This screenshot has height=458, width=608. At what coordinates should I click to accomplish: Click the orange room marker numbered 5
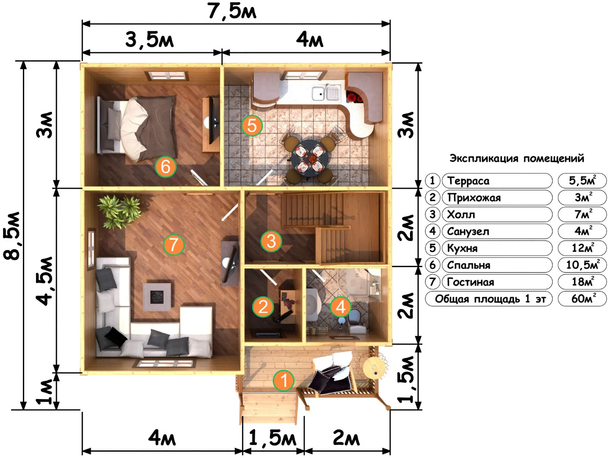point(251,126)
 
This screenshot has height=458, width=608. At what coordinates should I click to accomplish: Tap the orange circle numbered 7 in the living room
point(173,244)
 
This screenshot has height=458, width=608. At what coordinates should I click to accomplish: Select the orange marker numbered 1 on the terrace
point(283,380)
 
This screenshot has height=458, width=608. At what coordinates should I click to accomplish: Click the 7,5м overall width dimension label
point(232,11)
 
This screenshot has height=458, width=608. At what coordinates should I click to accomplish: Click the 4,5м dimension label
point(45,281)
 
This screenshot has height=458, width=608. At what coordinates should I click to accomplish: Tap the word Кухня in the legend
point(462,248)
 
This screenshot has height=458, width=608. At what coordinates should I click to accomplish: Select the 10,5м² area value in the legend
point(583,265)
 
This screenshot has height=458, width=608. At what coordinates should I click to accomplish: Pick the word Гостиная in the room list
point(470,282)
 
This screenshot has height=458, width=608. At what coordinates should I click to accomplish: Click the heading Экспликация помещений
point(517,159)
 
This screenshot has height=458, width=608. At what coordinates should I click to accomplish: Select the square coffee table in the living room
point(157,297)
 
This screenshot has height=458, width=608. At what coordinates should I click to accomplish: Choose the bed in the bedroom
point(137,128)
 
